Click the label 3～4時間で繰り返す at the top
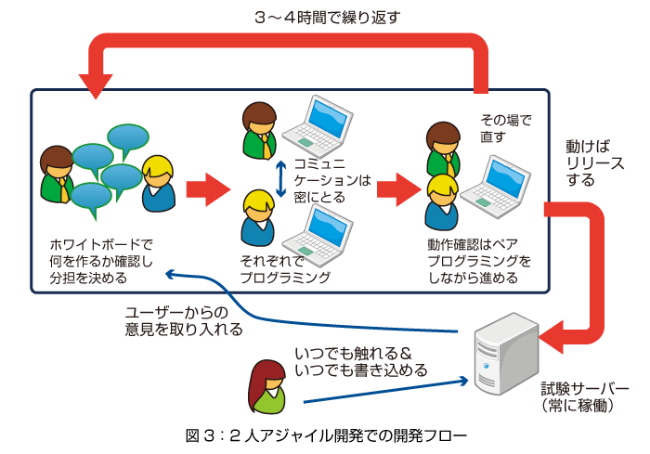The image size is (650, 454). click(328, 18)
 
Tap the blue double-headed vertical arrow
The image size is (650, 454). click(281, 178)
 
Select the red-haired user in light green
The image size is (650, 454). click(267, 387)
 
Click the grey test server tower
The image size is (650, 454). click(506, 354)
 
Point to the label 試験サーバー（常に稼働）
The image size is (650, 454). click(584, 397)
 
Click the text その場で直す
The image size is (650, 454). click(505, 128)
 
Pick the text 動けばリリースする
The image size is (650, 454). click(595, 163)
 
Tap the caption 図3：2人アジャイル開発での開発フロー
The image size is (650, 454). click(326, 435)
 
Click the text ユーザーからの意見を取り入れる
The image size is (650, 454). click(184, 320)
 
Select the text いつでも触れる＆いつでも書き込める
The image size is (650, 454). click(360, 361)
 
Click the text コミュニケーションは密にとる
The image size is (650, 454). click(332, 180)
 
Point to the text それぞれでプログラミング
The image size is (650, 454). click(285, 269)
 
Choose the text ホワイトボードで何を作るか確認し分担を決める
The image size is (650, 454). click(101, 261)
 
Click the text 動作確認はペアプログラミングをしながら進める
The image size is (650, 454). click(479, 261)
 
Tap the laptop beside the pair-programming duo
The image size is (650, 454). click(496, 187)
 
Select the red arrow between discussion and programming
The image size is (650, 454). click(208, 189)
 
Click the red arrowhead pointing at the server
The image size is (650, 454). click(552, 337)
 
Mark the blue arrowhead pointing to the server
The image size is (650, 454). click(463, 381)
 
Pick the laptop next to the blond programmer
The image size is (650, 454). click(318, 235)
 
